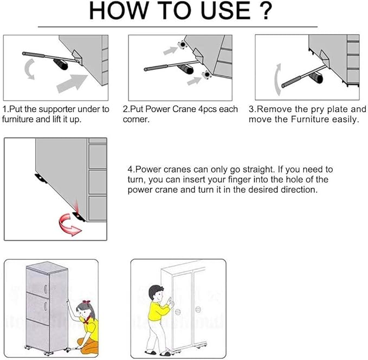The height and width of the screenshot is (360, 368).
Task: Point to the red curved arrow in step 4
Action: click(69, 223)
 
